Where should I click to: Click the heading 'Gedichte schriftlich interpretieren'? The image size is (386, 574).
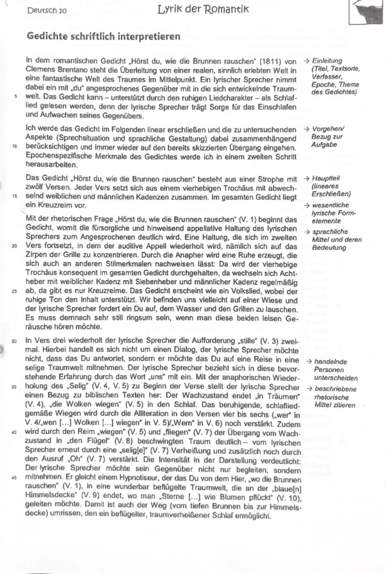pyautogui.click(x=103, y=37)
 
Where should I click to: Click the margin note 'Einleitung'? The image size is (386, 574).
pyautogui.click(x=327, y=61)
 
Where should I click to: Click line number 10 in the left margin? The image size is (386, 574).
pyautogui.click(x=15, y=146)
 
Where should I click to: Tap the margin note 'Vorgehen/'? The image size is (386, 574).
pyautogui.click(x=328, y=129)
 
